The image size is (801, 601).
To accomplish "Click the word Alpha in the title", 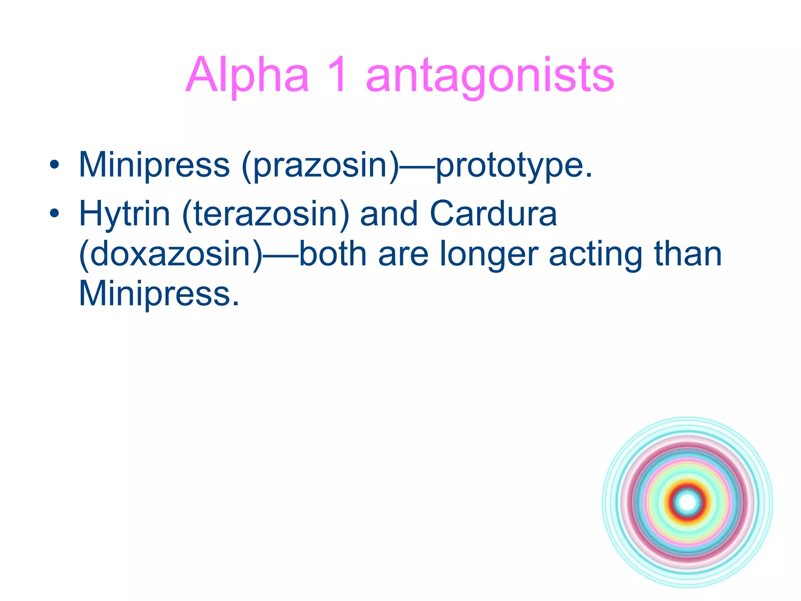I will click(x=247, y=75).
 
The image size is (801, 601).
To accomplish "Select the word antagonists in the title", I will click(x=490, y=75).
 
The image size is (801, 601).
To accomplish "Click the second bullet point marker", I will click(x=54, y=213).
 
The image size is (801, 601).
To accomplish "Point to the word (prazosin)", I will click(x=320, y=165).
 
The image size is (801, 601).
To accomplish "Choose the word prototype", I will click(x=514, y=165).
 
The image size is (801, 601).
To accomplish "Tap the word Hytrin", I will click(x=124, y=214).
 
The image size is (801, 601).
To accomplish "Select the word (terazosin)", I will click(x=265, y=214).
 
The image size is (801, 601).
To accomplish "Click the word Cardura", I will click(x=493, y=214).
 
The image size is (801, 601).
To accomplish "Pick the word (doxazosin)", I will click(x=171, y=254).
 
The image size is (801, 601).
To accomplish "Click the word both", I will click(x=332, y=254).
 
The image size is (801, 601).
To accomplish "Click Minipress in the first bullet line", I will click(x=154, y=165).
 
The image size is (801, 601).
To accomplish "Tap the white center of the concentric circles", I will click(x=688, y=502).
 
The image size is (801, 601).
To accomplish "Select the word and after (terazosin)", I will click(x=389, y=214).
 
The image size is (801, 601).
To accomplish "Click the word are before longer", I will click(x=403, y=254).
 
